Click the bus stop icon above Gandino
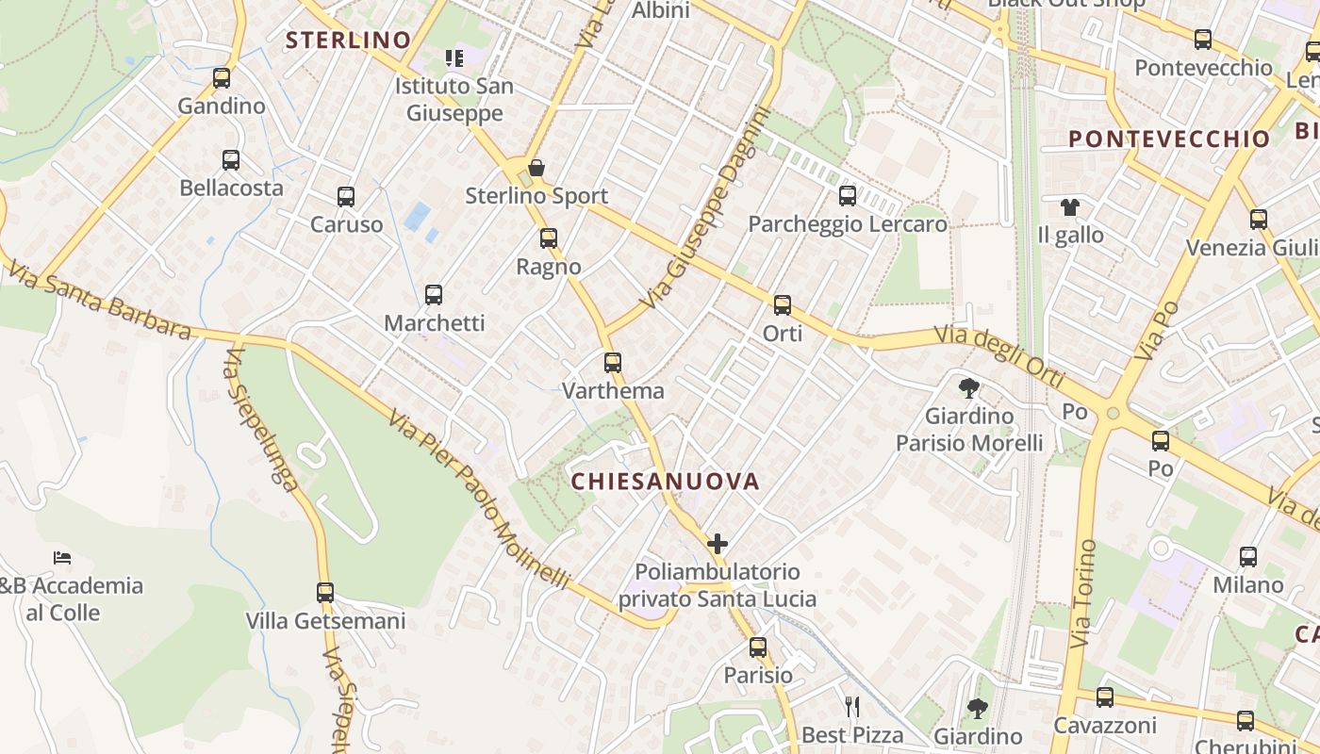point(222,78)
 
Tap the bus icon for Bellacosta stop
point(231,160)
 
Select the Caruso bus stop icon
point(346,197)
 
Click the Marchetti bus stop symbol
point(434,295)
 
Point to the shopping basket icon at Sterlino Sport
point(536,169)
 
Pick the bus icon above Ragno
point(549,238)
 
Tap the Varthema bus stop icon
point(613,363)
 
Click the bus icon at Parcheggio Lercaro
point(848,196)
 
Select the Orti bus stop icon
point(783,305)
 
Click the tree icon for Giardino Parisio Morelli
point(968,387)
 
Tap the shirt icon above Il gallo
point(1070,206)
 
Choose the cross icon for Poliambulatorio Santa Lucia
point(718,544)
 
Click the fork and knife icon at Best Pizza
point(852,707)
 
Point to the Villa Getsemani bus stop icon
point(325,593)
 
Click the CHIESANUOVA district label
point(666,482)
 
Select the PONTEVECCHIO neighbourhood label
point(1169,139)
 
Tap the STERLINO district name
point(348,40)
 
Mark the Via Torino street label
point(1084,593)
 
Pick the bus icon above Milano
point(1248,557)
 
